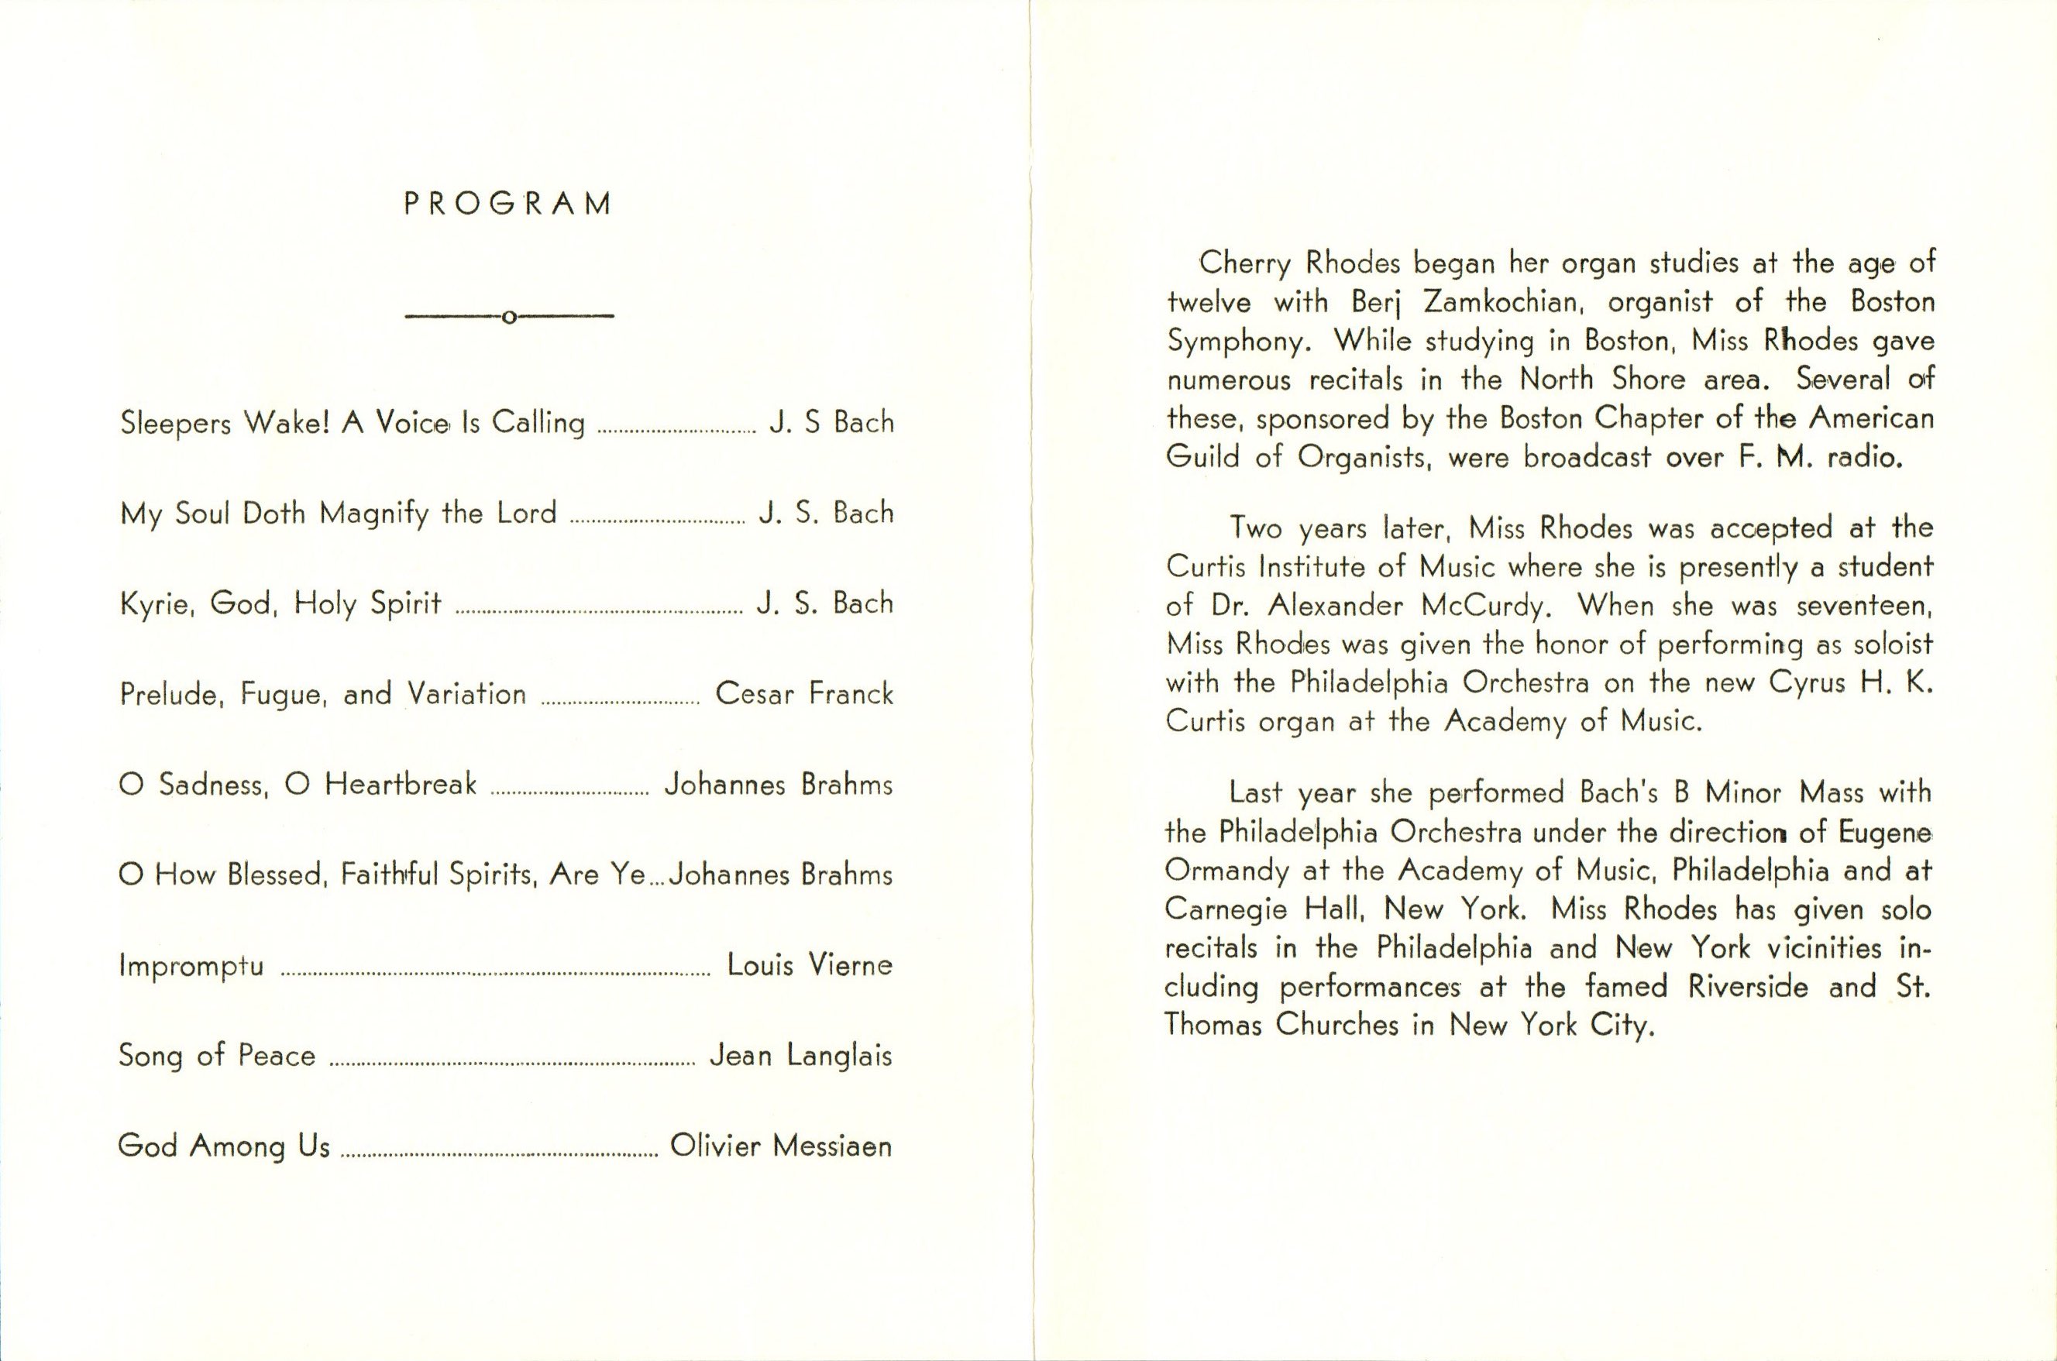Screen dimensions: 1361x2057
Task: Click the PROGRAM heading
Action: pos(508,204)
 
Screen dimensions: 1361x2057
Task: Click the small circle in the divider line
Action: pos(510,317)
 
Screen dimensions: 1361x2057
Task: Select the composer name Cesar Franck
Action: pos(803,693)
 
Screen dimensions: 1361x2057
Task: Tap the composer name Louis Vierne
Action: pos(809,965)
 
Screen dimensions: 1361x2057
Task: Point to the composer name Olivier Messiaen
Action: pos(781,1146)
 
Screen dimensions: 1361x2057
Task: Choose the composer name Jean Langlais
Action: pos(800,1056)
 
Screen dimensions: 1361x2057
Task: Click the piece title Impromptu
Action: pos(191,966)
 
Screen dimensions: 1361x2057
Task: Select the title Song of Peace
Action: pos(216,1056)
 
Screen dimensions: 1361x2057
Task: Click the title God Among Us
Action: pos(224,1146)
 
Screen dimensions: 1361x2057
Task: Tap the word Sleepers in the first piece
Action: pos(174,424)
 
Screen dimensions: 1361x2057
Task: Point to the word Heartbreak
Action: pos(401,785)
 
